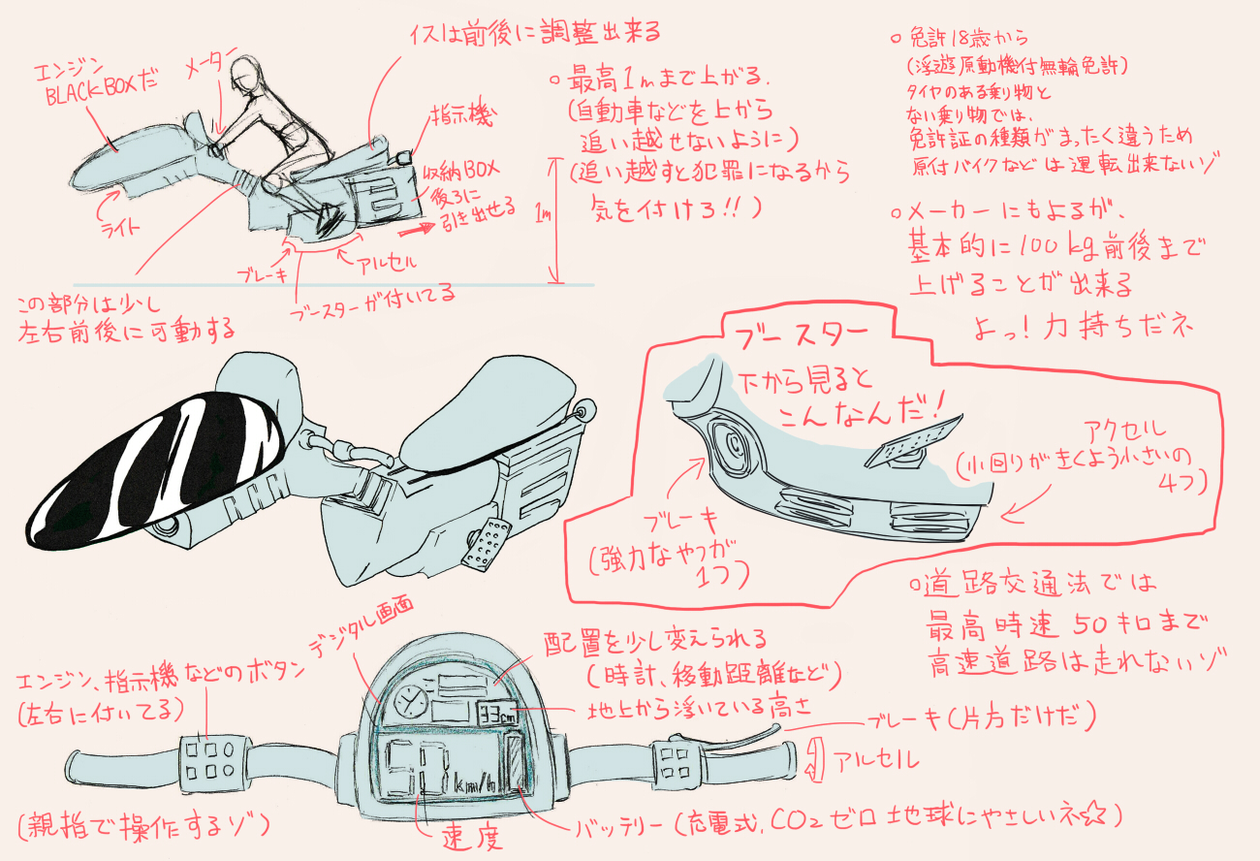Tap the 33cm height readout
tap(498, 716)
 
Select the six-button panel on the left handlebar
tap(209, 758)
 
